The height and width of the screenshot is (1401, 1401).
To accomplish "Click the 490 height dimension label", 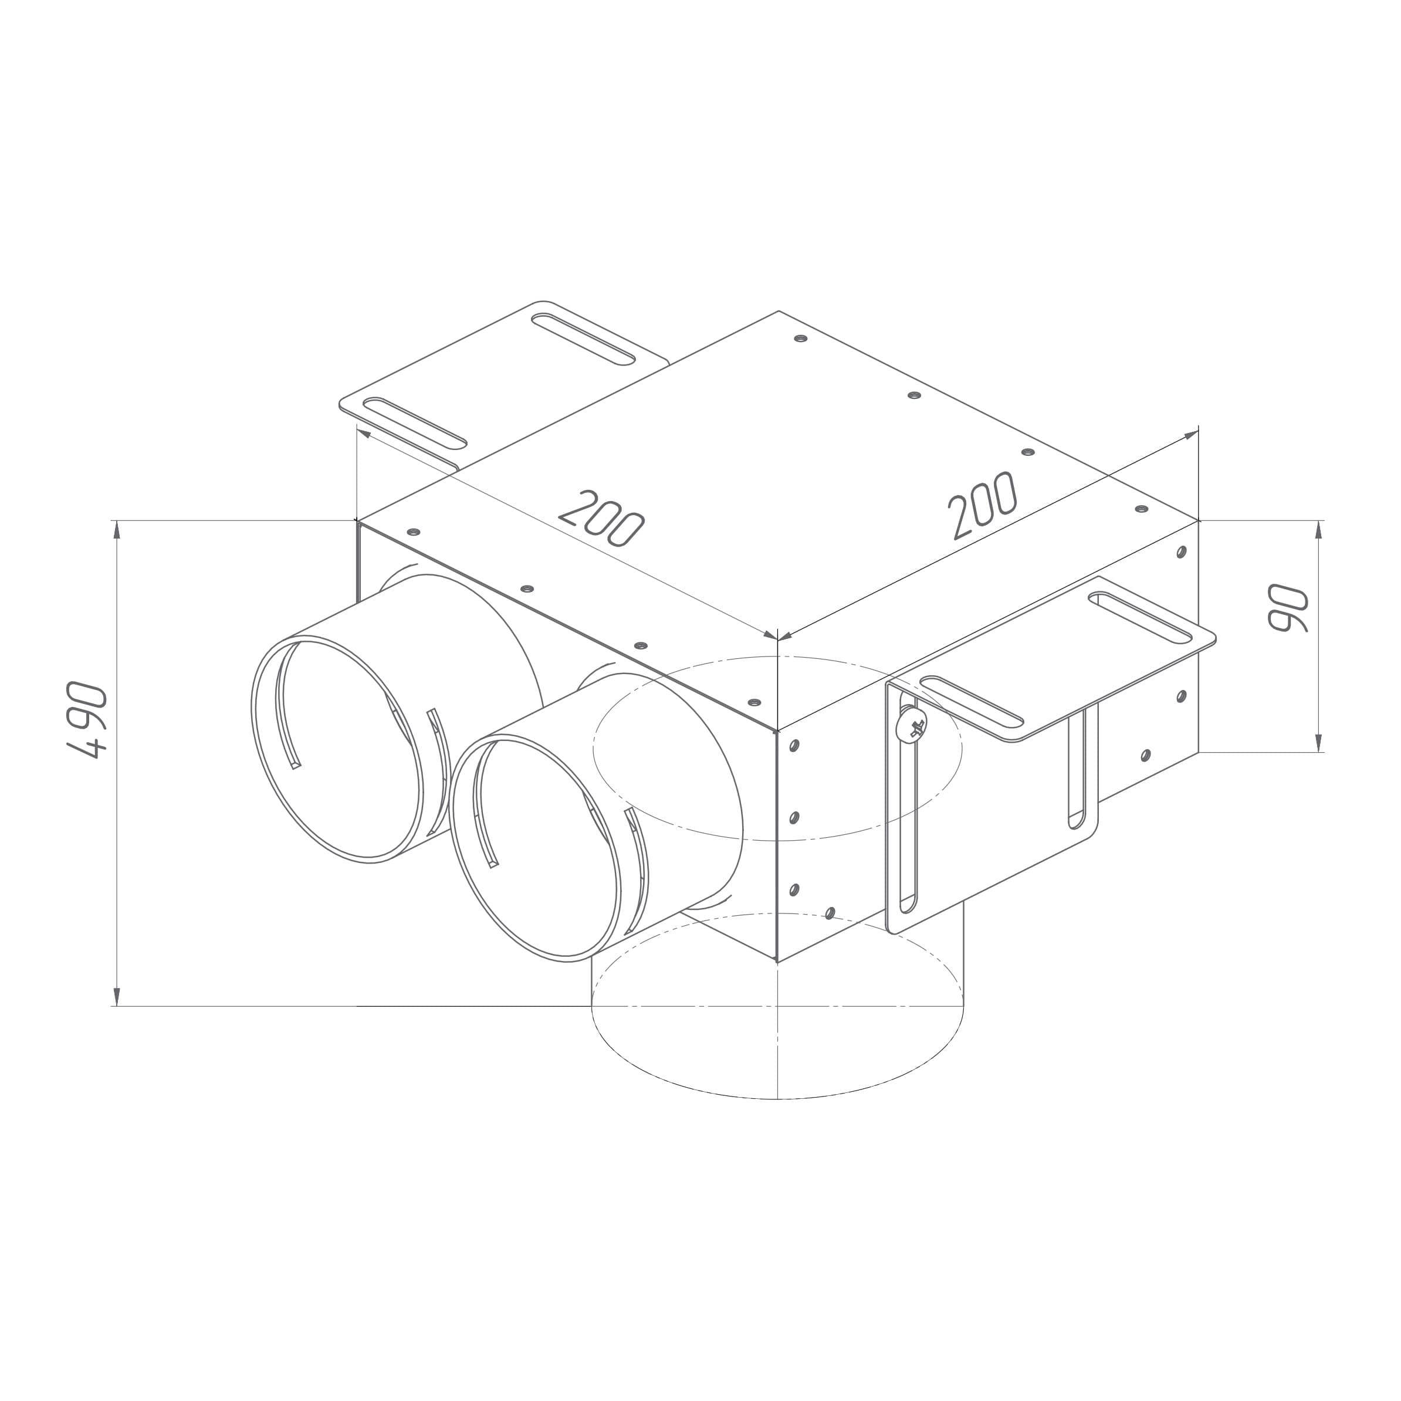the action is pyautogui.click(x=86, y=719).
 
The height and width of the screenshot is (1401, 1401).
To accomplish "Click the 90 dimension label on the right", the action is pyautogui.click(x=1287, y=608).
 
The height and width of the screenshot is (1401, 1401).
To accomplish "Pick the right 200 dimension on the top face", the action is pyautogui.click(x=984, y=506).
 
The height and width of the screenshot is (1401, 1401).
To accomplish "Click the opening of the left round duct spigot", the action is pyautogui.click(x=337, y=749).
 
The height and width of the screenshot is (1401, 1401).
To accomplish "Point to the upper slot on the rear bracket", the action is pyautogui.click(x=584, y=339).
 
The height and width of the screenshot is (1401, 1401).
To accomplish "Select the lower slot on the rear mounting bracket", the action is pyautogui.click(x=414, y=424).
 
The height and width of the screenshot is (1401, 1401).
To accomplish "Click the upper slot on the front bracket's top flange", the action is pyautogui.click(x=1140, y=618).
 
